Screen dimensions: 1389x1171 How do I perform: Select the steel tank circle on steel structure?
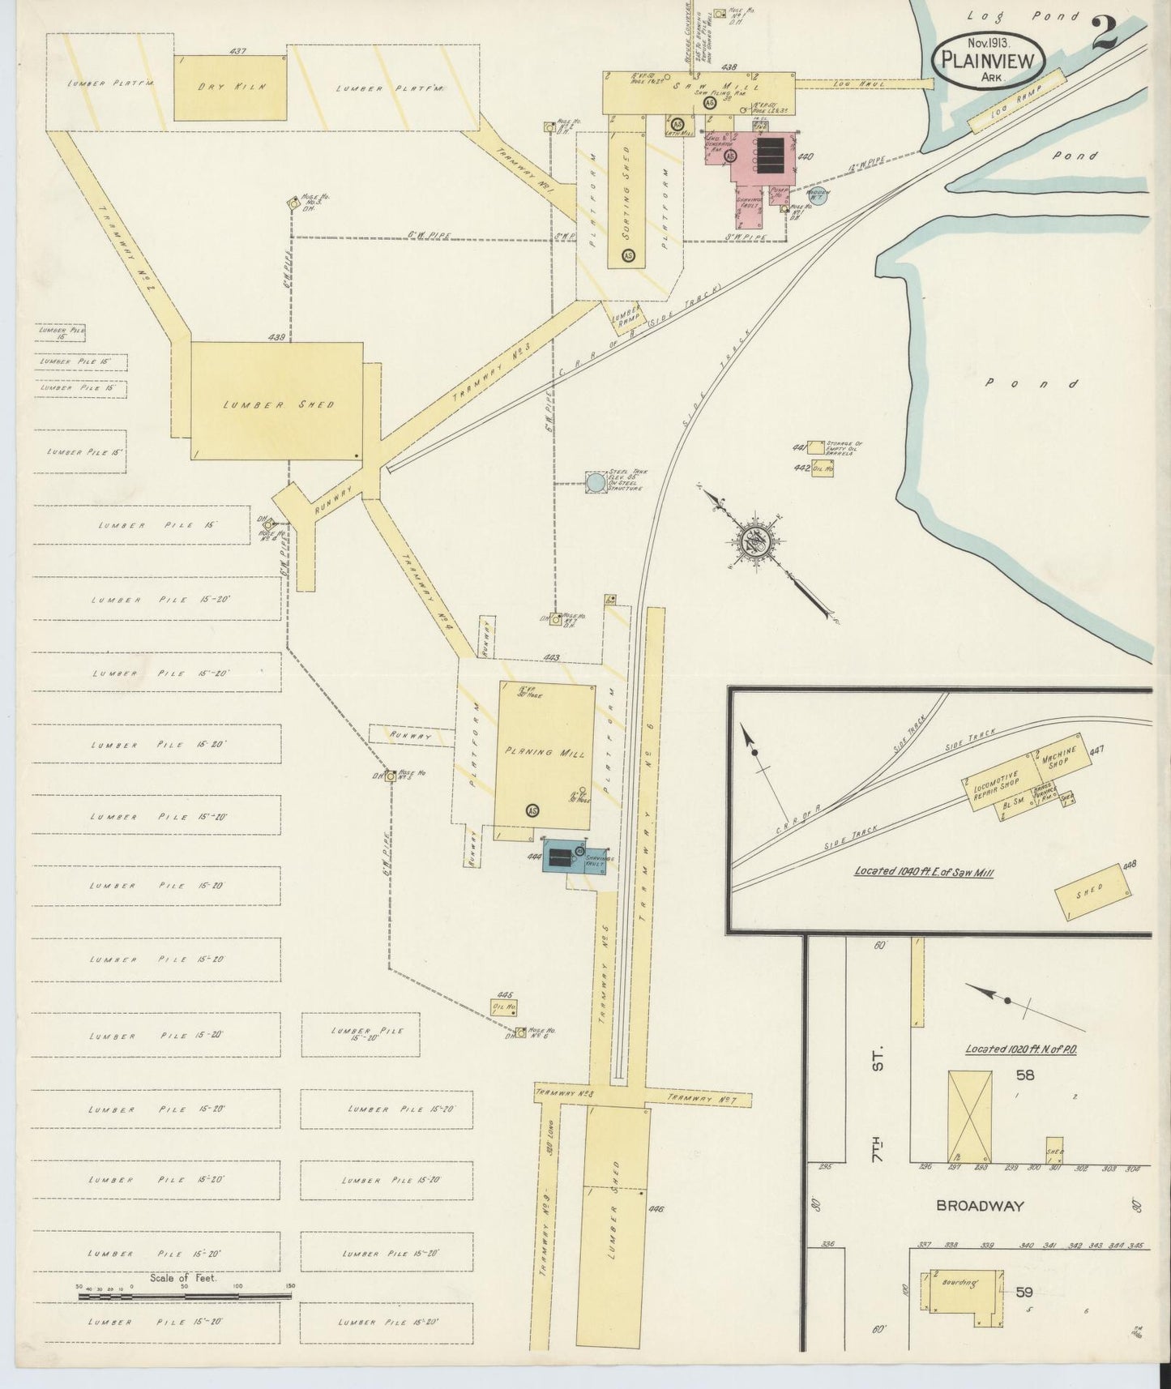pos(596,482)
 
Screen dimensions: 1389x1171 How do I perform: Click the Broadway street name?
pos(980,1205)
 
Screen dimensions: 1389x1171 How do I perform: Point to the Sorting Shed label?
pos(626,199)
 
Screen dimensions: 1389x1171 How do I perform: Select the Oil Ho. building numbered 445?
pos(506,1006)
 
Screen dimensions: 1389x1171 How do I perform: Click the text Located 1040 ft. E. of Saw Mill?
pos(924,872)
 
